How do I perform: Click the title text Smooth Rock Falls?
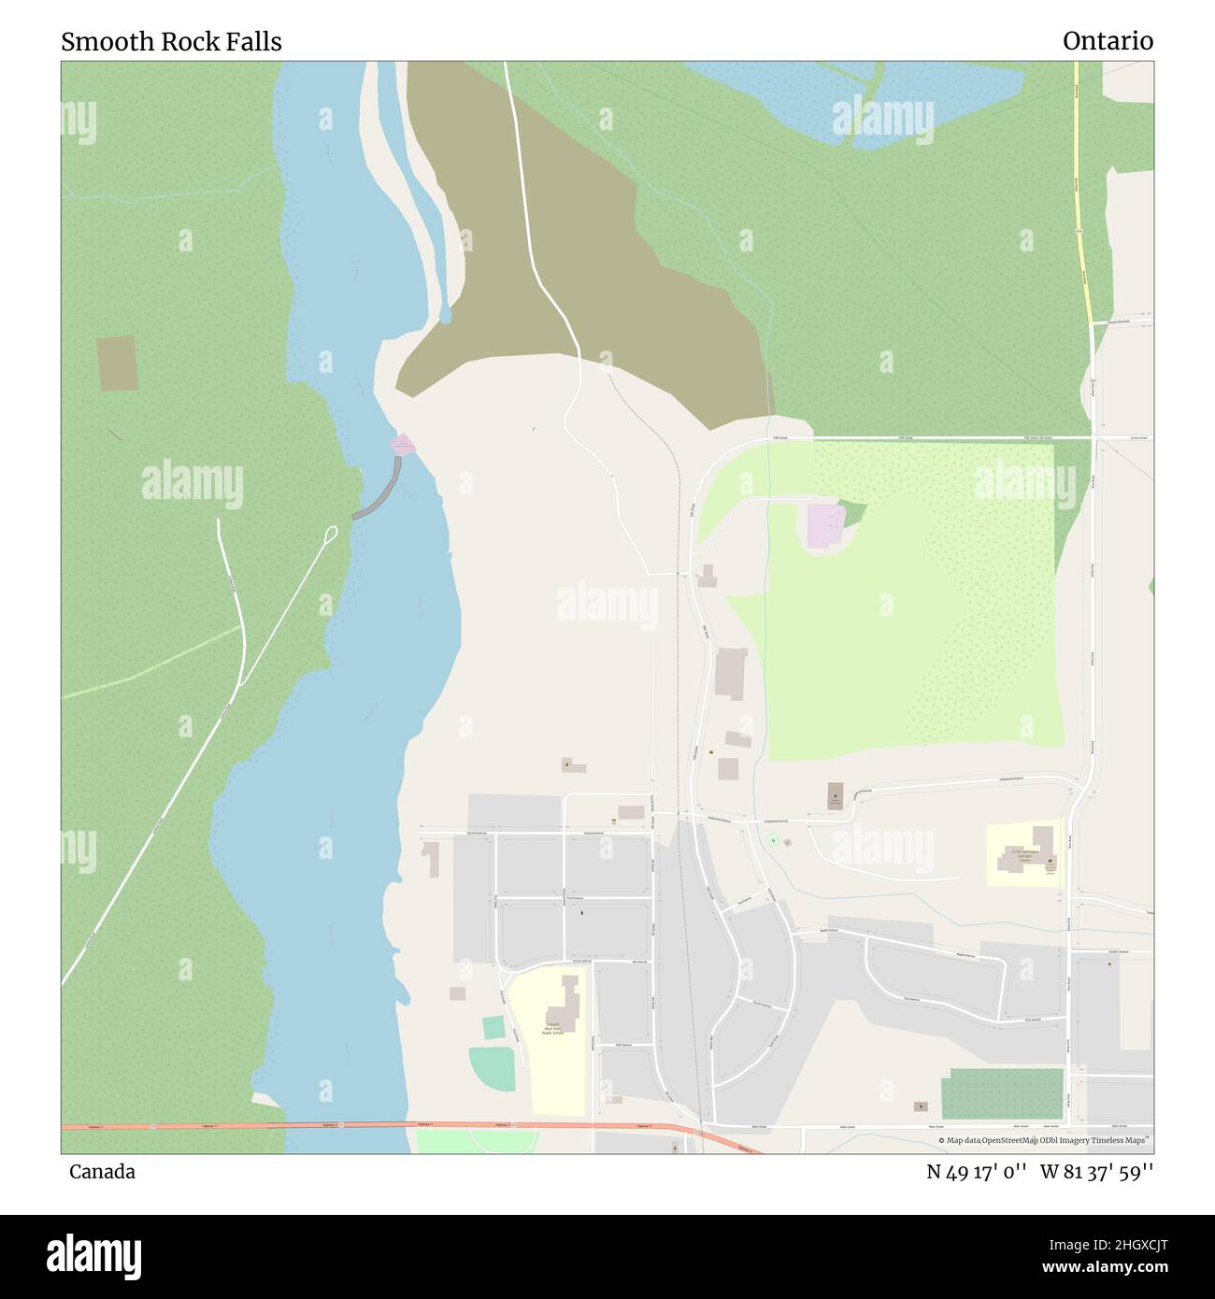click(171, 42)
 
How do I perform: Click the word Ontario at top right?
click(1108, 42)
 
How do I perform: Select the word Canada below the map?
click(102, 1172)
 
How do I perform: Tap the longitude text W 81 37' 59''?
click(1097, 1172)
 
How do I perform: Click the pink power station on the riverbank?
click(403, 444)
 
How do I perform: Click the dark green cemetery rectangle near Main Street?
click(1002, 1093)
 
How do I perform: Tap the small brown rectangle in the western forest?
click(117, 363)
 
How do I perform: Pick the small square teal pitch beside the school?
click(493, 1027)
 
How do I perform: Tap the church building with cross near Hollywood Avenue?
click(835, 795)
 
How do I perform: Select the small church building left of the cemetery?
click(921, 1106)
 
